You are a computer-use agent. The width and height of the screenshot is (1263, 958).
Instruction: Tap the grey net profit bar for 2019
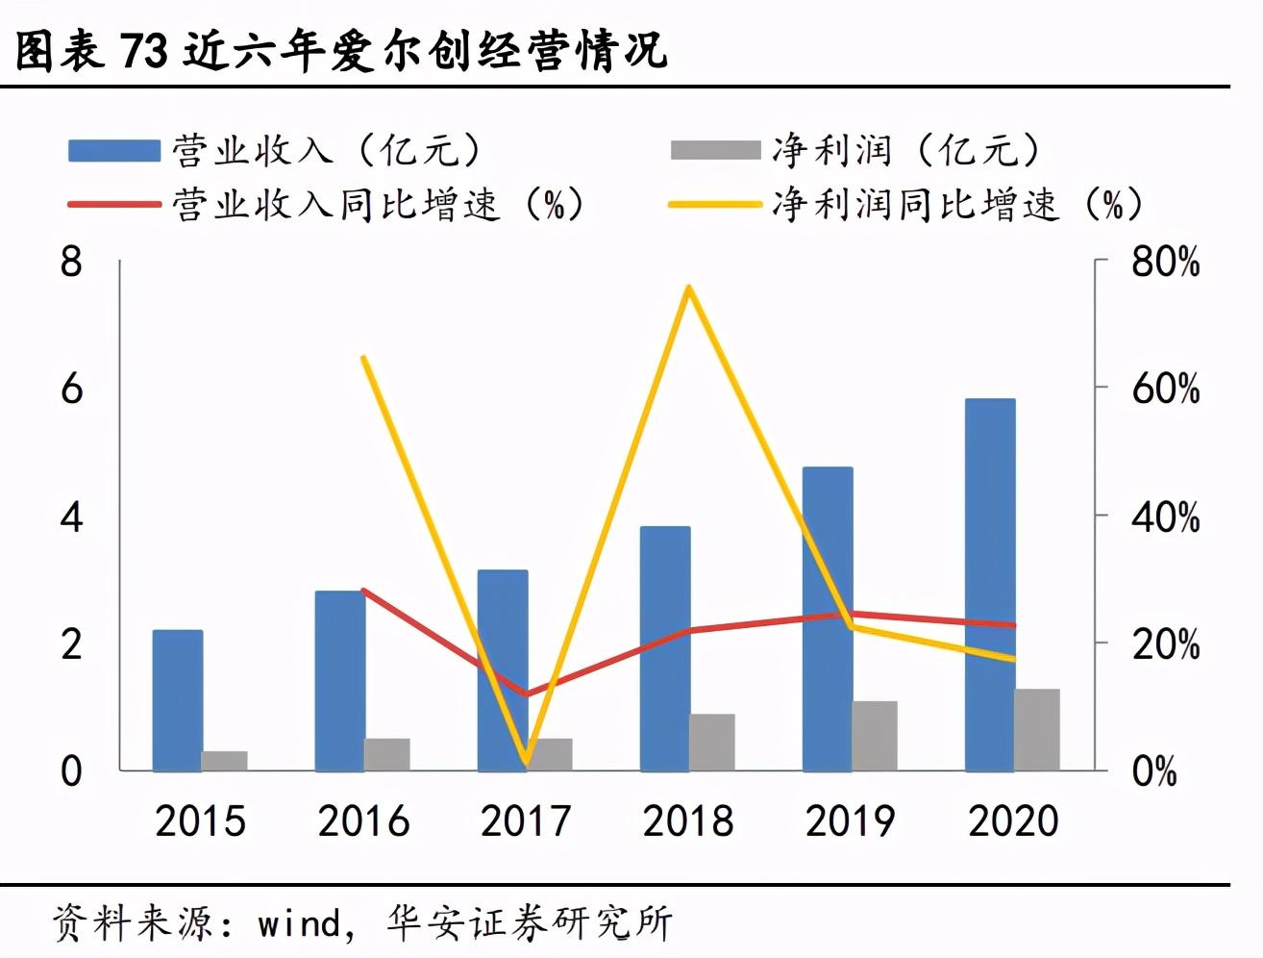[x=874, y=736]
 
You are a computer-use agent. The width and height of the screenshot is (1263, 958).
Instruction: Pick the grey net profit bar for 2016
[x=386, y=754]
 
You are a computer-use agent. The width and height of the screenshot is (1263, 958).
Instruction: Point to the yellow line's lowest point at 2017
[x=526, y=763]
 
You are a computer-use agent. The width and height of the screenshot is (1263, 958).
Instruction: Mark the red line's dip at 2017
[x=526, y=693]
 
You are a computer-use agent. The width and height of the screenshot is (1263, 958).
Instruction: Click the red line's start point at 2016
[x=364, y=591]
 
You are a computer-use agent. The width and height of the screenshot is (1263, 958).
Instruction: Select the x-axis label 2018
[x=688, y=821]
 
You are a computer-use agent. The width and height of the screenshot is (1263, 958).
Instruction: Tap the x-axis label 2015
[x=201, y=821]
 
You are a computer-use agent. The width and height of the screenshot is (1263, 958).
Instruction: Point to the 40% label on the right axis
[x=1165, y=517]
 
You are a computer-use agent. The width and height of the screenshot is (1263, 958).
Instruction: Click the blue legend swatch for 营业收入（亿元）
[x=113, y=151]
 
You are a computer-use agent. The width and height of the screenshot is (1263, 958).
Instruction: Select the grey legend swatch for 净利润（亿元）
[x=715, y=151]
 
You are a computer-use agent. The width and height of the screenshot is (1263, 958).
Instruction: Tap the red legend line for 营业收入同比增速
[x=113, y=204]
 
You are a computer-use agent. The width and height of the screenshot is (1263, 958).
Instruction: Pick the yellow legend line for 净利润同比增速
[x=715, y=204]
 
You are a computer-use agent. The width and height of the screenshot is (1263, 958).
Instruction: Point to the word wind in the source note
[x=299, y=923]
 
